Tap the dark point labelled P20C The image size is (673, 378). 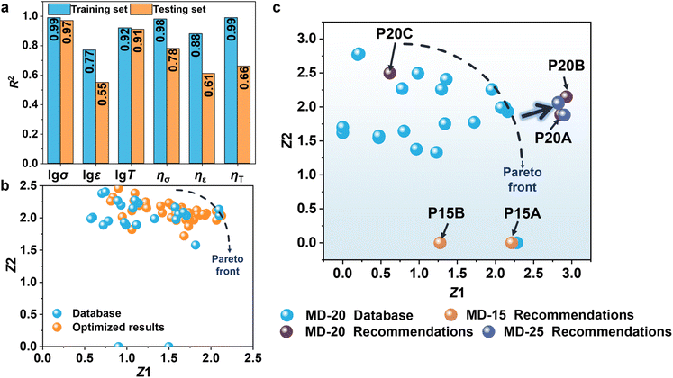coord(390,73)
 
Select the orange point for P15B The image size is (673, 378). coord(440,242)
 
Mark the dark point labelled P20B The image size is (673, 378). coord(566,96)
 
